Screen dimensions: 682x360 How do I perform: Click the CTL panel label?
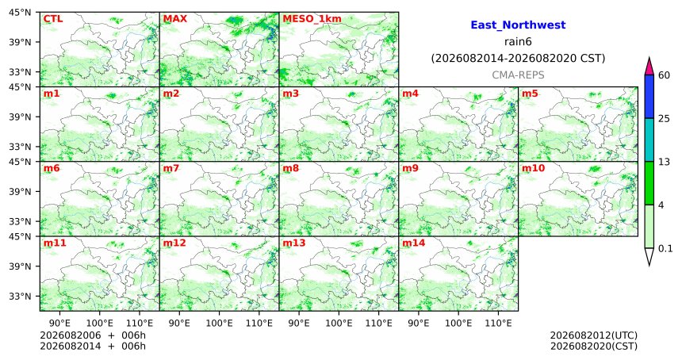(x=52, y=19)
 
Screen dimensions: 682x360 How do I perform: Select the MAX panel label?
(x=174, y=19)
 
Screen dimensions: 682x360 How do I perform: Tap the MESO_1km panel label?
(x=312, y=19)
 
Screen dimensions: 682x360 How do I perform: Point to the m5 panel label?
(x=530, y=94)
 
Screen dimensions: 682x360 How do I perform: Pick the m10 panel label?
(x=533, y=168)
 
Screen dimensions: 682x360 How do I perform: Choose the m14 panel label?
(x=414, y=243)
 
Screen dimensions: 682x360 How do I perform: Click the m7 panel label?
(x=171, y=168)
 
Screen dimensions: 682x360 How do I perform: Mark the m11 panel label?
(x=55, y=243)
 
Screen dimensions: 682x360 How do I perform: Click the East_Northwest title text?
(x=518, y=25)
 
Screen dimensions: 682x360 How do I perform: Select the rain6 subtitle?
(x=518, y=42)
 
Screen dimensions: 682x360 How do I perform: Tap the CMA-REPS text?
(x=518, y=75)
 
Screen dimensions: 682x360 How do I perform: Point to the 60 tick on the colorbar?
(x=664, y=75)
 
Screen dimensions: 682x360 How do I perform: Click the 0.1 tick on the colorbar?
(x=665, y=249)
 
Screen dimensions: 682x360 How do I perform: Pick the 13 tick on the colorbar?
(x=664, y=162)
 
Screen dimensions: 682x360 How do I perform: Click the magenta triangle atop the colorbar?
(x=649, y=67)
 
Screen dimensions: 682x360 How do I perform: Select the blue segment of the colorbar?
(x=649, y=97)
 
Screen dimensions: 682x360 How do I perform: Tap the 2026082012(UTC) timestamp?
(x=594, y=335)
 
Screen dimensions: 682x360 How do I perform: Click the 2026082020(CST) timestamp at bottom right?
(x=594, y=347)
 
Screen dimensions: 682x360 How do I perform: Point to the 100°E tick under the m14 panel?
(x=458, y=323)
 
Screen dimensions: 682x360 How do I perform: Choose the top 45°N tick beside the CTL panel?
(x=21, y=13)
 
